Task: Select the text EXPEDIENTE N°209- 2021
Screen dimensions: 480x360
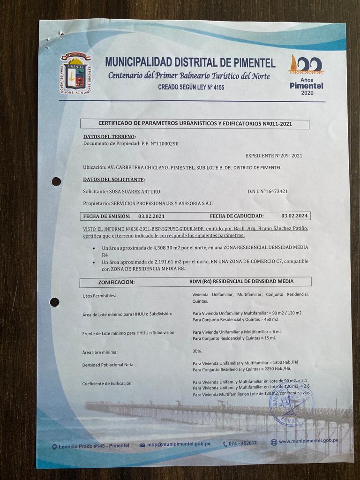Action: [x=274, y=155]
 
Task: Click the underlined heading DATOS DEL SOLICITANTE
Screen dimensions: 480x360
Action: [x=114, y=180]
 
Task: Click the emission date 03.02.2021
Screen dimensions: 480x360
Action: [x=151, y=216]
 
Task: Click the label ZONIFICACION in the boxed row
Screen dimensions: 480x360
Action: [x=116, y=282]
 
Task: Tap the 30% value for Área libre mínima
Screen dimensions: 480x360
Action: [x=197, y=351]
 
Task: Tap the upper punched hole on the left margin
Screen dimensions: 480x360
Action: [x=56, y=181]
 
